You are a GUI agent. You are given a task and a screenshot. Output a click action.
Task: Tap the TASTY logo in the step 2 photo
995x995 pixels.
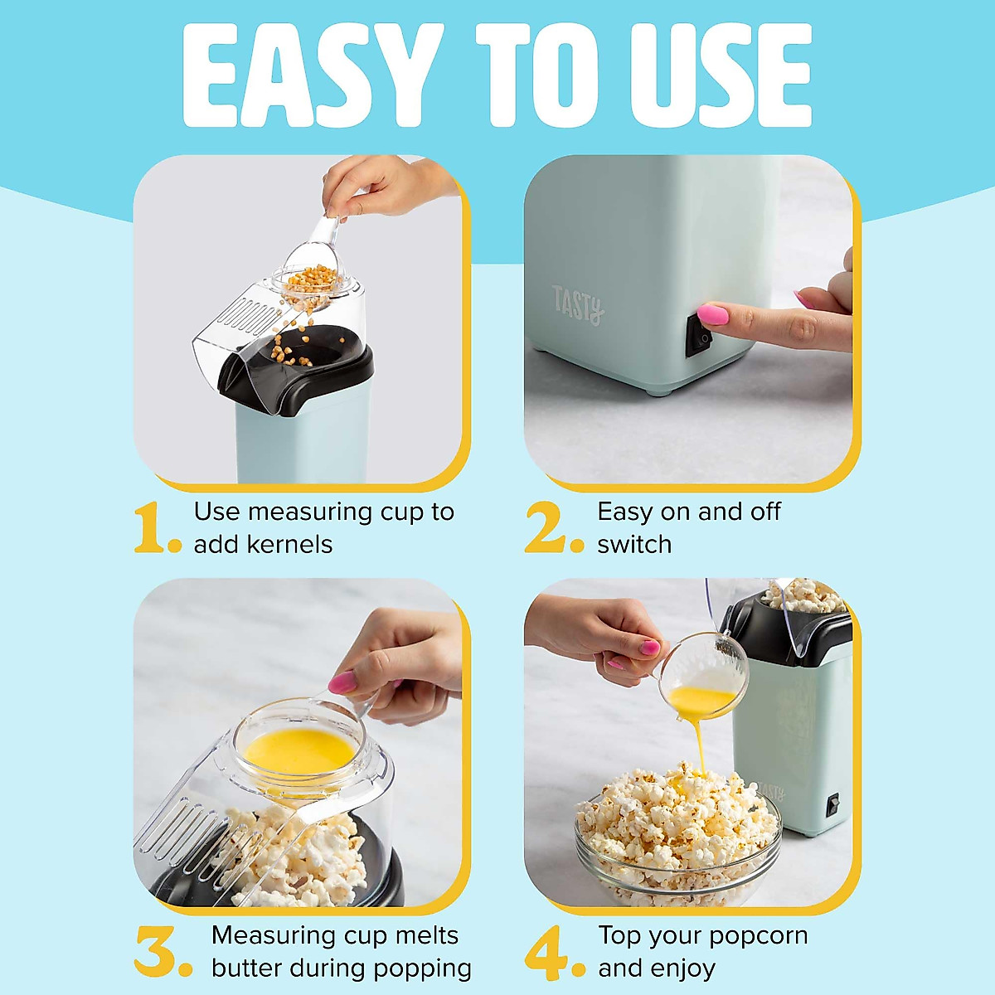click(x=578, y=304)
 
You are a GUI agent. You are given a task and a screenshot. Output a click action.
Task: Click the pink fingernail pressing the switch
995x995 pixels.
click(x=713, y=314)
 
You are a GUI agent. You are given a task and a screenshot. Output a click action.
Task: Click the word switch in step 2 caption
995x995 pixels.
click(x=634, y=545)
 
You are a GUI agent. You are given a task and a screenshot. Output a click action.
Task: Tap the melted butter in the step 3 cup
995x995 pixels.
click(x=298, y=750)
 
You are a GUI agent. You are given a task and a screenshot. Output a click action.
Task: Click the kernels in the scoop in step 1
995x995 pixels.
click(x=311, y=278)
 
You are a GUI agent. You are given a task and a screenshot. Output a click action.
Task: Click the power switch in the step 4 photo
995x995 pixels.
click(x=832, y=802)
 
